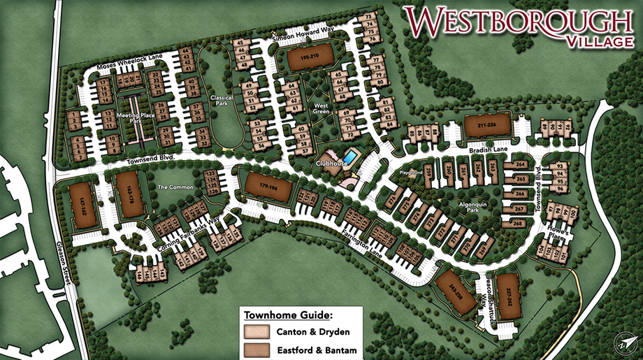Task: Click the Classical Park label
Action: pos(222,102)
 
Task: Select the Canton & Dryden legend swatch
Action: pos(256,331)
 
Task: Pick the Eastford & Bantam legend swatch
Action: pos(256,347)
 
